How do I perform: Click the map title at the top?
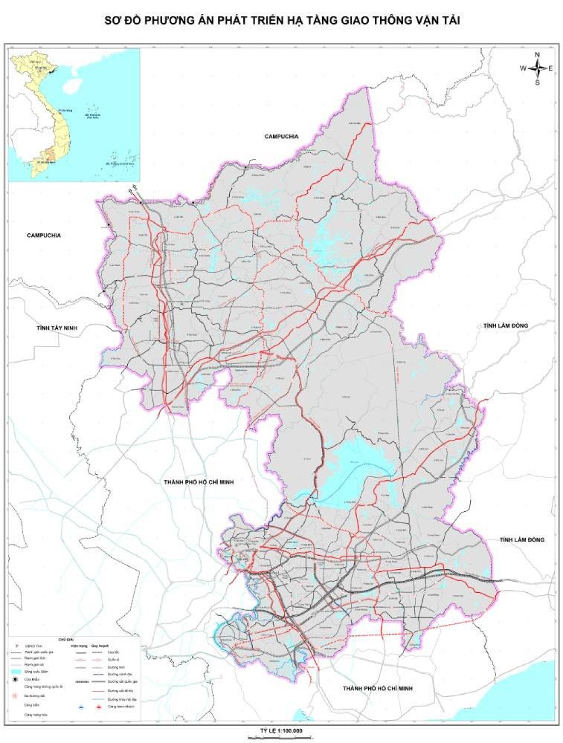(x=282, y=22)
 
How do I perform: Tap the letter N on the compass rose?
(x=537, y=54)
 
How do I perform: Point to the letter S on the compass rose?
(x=537, y=82)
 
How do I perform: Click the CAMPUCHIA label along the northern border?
(x=281, y=137)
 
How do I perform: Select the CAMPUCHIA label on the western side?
(x=44, y=236)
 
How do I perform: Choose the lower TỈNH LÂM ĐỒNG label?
(x=522, y=539)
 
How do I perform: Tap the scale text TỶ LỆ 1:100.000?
(x=281, y=730)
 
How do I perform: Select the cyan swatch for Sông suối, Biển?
(x=16, y=671)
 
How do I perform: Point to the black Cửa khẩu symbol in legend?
(x=16, y=679)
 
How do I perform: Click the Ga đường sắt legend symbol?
(x=16, y=696)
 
